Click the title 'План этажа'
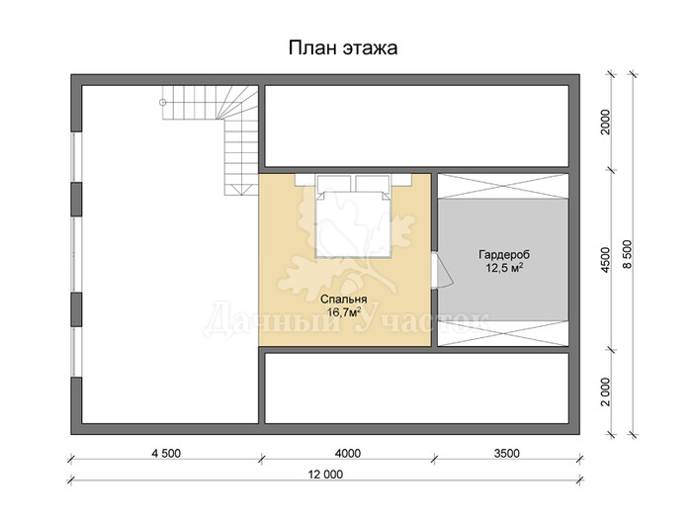coord(343,48)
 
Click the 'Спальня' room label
coord(343,300)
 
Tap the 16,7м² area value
coord(343,312)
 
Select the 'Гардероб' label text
coord(504,255)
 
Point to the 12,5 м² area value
coord(504,268)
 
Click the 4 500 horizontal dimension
coord(166,453)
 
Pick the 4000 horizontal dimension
coord(347,453)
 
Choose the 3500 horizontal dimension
coord(506,453)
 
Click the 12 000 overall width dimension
coord(325,475)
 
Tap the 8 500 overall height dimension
coord(628,254)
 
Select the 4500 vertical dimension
coord(605,259)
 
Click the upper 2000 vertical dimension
coord(605,122)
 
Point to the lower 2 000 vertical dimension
coord(605,391)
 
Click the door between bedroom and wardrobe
coord(441,270)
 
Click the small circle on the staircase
coord(162,103)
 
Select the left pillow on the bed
coord(334,184)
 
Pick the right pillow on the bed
coord(373,184)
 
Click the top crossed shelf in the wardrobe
coord(502,186)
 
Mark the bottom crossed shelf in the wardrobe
coord(502,333)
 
